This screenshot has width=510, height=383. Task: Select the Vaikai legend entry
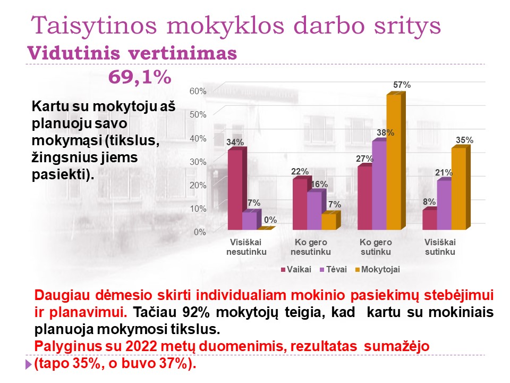point(296,270)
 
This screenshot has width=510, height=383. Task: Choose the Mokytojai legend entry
point(377,270)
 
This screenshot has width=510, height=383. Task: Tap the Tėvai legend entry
point(334,270)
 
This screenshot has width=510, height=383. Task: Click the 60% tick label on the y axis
point(198,91)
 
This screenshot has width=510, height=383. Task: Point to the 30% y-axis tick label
point(198,162)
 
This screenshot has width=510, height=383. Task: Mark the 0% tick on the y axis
point(200,232)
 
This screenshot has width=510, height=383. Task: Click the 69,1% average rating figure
point(140,78)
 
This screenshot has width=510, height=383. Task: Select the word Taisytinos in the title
point(94,25)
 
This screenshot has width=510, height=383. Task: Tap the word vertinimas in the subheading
point(182,53)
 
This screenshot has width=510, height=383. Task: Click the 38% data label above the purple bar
point(386,132)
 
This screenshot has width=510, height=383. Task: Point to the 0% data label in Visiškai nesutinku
point(270,220)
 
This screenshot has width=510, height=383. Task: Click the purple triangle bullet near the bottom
point(29,364)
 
